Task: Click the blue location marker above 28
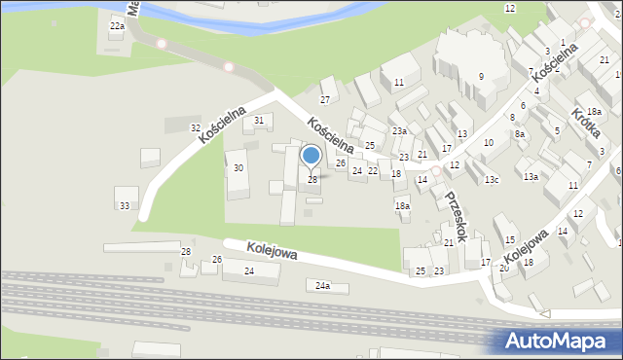pos(311,156)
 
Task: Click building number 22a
pos(117,26)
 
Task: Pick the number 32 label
pos(196,128)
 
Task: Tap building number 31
pos(258,120)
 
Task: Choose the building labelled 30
pos(238,168)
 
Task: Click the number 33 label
pos(124,205)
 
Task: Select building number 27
pos(326,99)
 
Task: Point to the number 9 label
pos(481,76)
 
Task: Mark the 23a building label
pos(398,131)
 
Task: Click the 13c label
pos(493,179)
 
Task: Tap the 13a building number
pos(531,176)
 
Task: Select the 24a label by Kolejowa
pos(323,286)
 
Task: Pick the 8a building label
pos(520,134)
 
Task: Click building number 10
pos(489,143)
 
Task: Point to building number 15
pos(509,240)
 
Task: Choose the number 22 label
pos(373,170)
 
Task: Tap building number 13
pos(462,134)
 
